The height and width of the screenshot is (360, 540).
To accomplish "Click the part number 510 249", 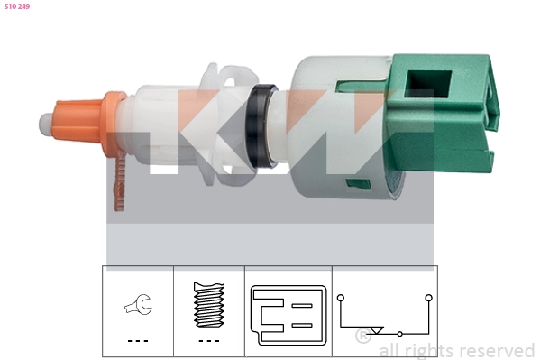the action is click(x=17, y=6).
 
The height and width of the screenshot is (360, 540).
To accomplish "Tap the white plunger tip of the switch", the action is click(x=45, y=125).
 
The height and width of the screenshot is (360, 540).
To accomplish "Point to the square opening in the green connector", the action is click(x=428, y=83).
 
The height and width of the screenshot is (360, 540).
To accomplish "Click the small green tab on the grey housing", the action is click(x=358, y=184).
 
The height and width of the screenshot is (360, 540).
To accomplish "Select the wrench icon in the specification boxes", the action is click(x=138, y=304).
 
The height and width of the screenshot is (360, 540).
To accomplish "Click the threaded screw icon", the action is click(x=209, y=305).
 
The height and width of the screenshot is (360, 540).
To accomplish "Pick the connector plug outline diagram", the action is click(x=288, y=315).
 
